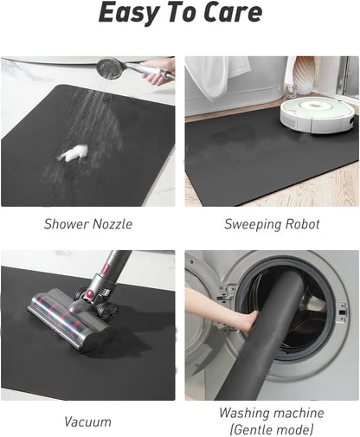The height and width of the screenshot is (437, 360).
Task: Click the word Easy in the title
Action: pos(128,13)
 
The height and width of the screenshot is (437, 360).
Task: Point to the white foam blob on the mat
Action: pos(73,153)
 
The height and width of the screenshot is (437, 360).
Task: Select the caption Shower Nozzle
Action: pos(88,224)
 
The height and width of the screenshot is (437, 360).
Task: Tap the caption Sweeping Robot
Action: pos(272,224)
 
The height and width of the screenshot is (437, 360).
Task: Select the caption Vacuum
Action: pos(87,422)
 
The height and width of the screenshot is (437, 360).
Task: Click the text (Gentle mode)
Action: pos(271,430)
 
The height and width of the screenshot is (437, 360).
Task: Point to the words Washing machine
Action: pos(271,413)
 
